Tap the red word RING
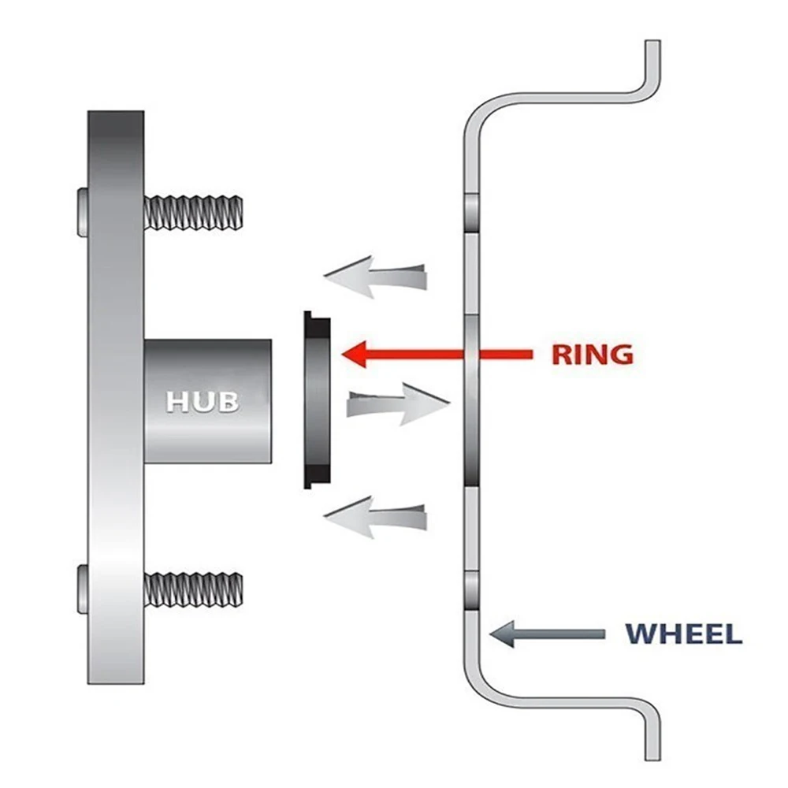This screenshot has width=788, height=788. [592, 354]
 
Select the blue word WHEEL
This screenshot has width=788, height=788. [683, 634]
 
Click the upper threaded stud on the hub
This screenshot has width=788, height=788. [193, 211]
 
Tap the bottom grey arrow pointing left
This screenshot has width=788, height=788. [375, 517]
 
